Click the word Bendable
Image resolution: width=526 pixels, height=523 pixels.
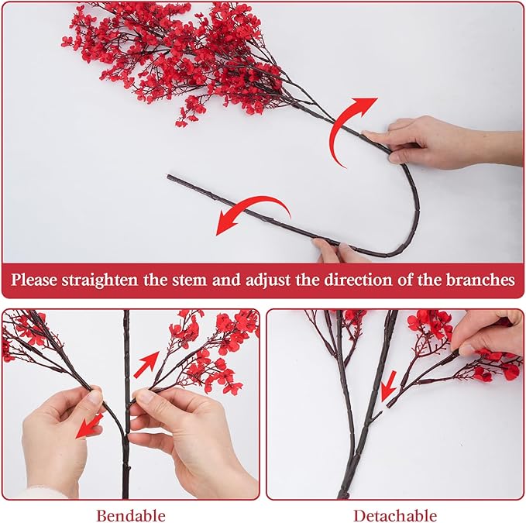131,515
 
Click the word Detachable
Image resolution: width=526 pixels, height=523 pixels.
395,515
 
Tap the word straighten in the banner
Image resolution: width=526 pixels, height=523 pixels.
100,280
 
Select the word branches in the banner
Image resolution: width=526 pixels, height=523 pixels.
480,280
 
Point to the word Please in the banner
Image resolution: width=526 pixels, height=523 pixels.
34,280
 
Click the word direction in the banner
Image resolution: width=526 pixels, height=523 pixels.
358,280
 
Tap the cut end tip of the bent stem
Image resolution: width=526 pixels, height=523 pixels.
168,176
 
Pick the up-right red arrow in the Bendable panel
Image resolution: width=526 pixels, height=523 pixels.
146,364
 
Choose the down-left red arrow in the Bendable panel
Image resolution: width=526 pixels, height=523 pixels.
88,426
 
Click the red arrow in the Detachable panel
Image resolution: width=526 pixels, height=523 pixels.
389,386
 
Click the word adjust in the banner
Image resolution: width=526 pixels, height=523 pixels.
268,280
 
